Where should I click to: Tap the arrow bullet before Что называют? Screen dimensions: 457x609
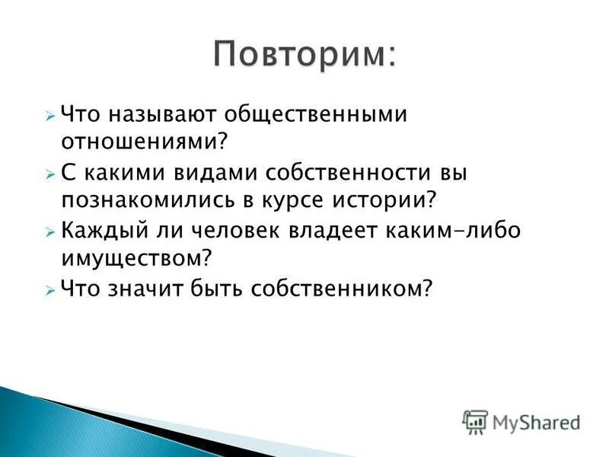pos(49,116)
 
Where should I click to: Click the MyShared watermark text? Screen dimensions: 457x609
pos(536,422)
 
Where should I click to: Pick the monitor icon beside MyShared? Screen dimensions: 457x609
pos(475,421)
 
